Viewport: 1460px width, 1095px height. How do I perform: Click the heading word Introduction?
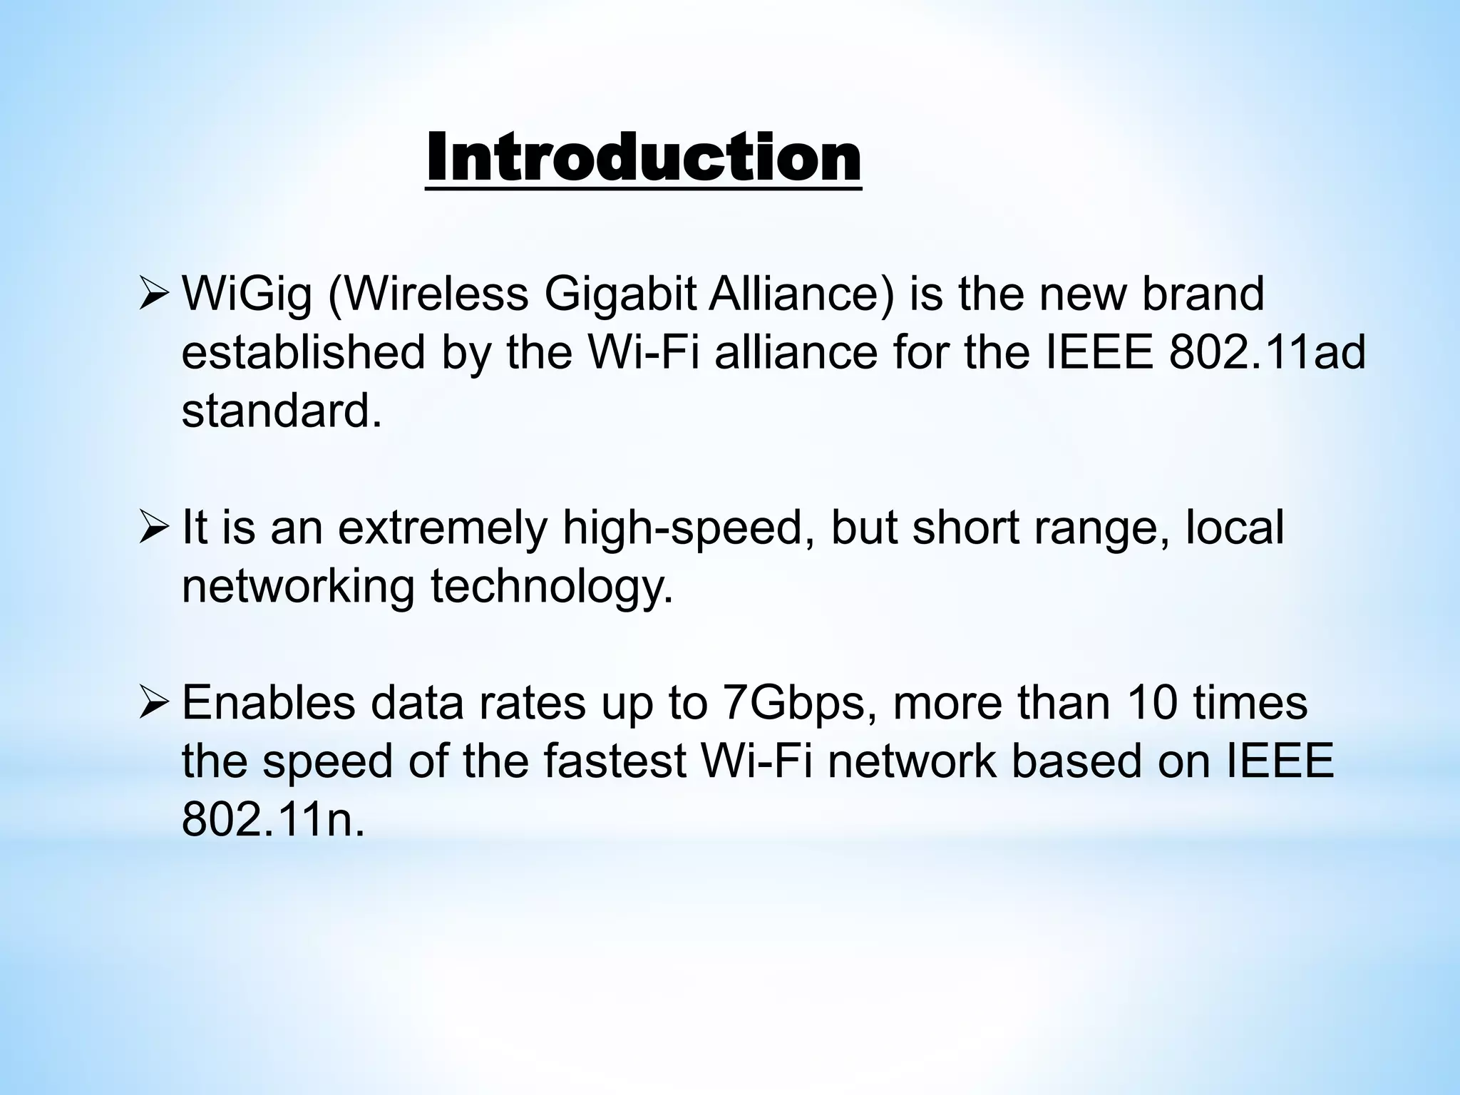643,158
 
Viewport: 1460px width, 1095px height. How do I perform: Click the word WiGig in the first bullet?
247,294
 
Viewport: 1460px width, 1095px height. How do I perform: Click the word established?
304,352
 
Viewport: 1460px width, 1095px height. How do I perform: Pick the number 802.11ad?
1267,352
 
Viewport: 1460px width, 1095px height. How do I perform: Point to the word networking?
298,587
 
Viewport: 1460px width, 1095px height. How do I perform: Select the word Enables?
269,702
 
